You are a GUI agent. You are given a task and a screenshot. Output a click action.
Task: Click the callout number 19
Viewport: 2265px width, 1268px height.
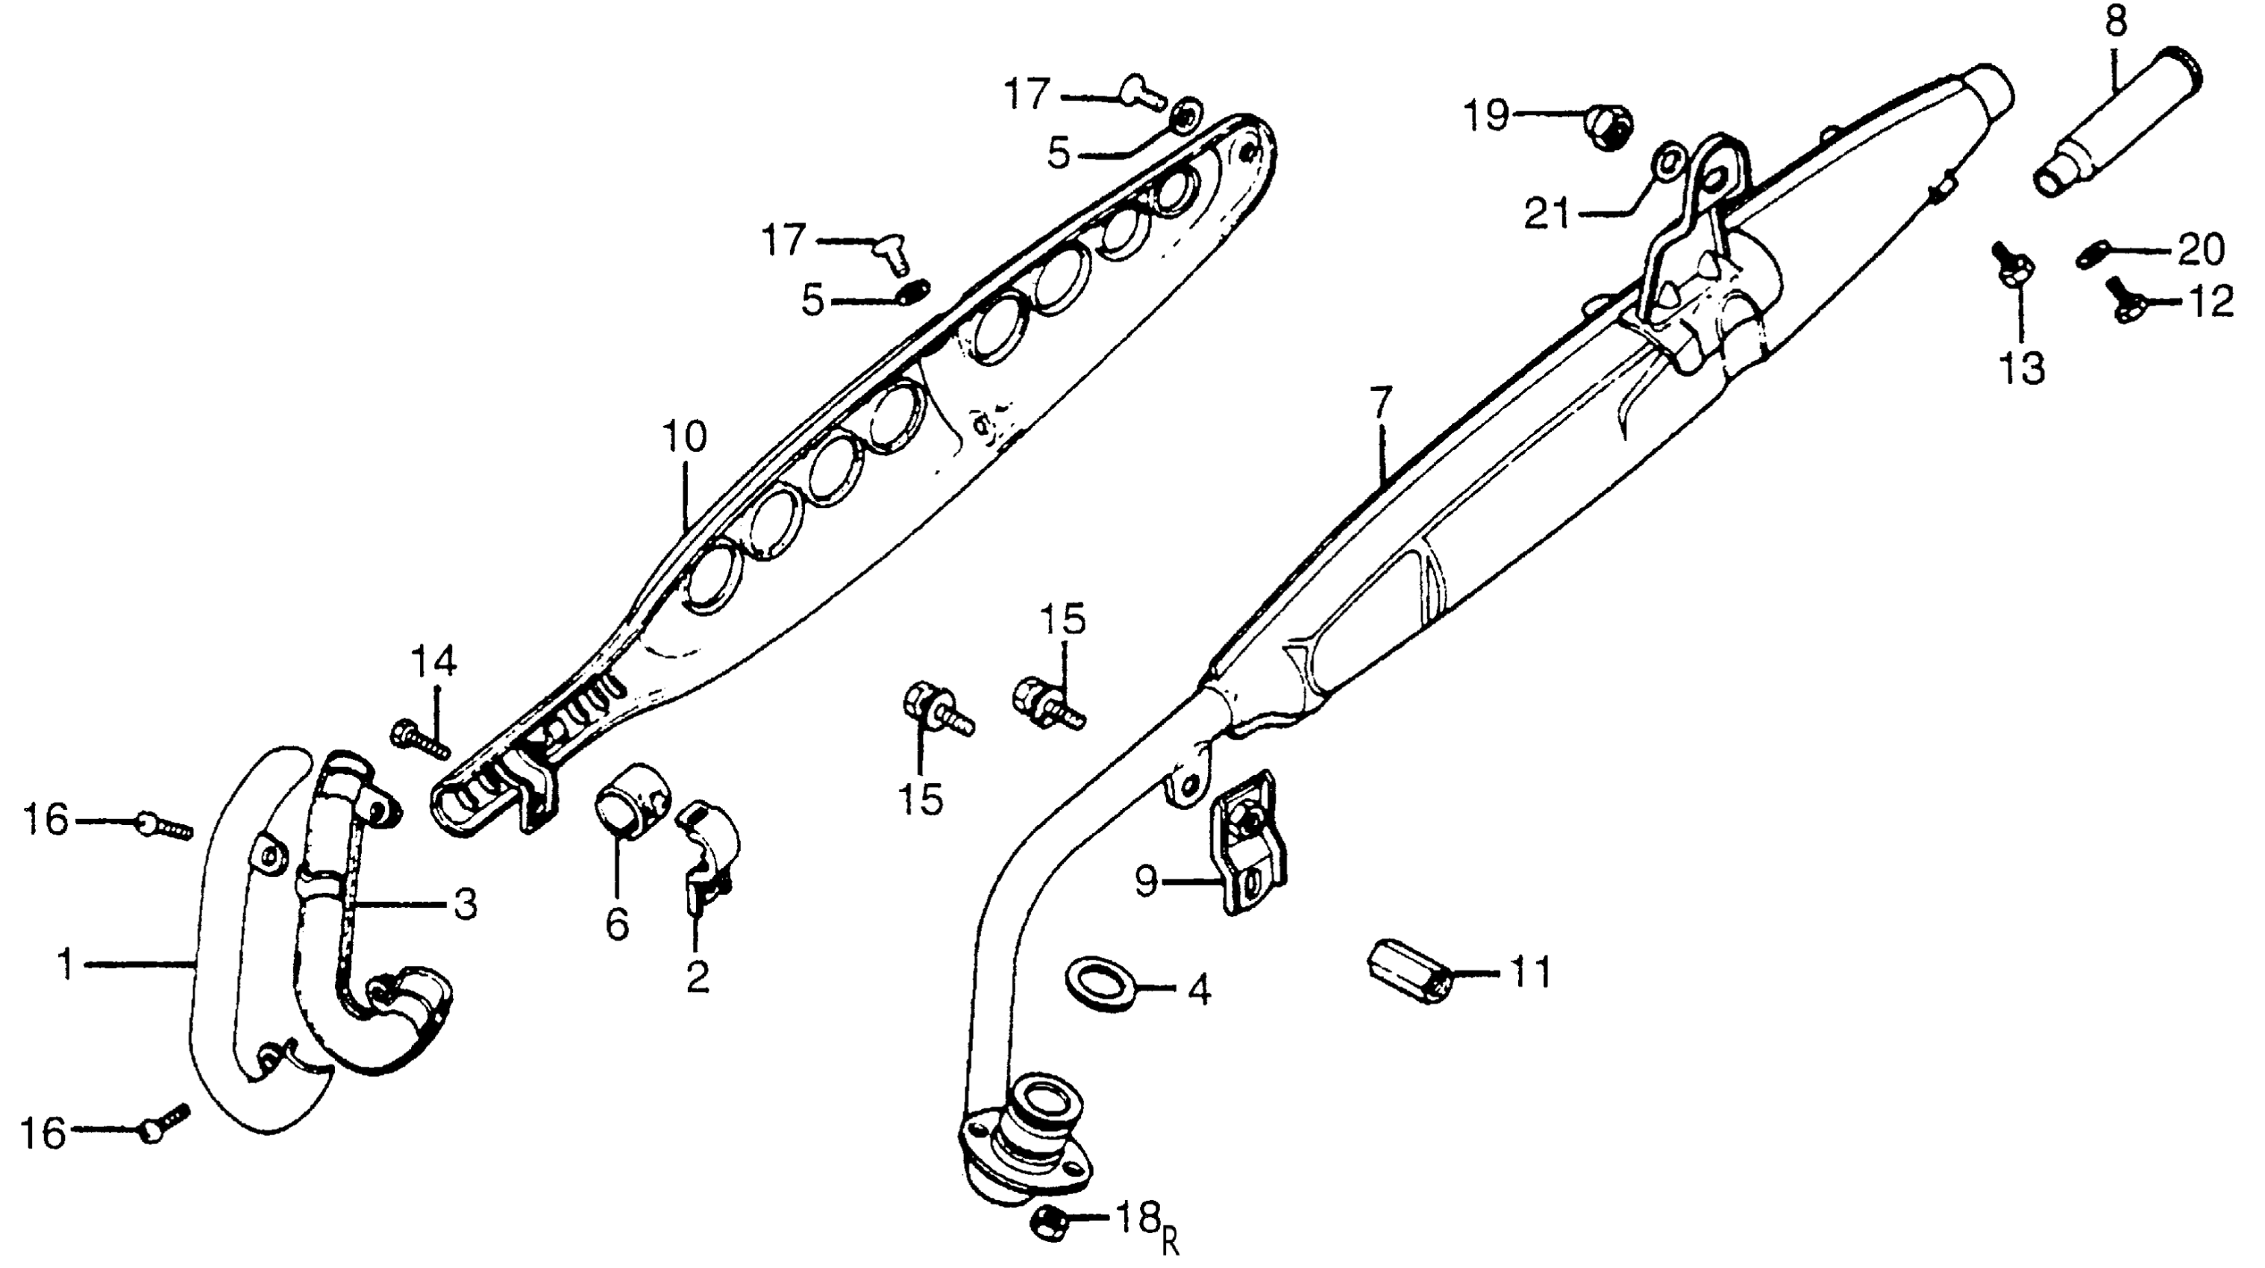click(x=1486, y=115)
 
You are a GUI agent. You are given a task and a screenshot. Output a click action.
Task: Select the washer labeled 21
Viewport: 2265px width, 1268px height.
click(x=1669, y=163)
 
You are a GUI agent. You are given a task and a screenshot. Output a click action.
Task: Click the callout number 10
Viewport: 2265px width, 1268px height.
click(x=685, y=437)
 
